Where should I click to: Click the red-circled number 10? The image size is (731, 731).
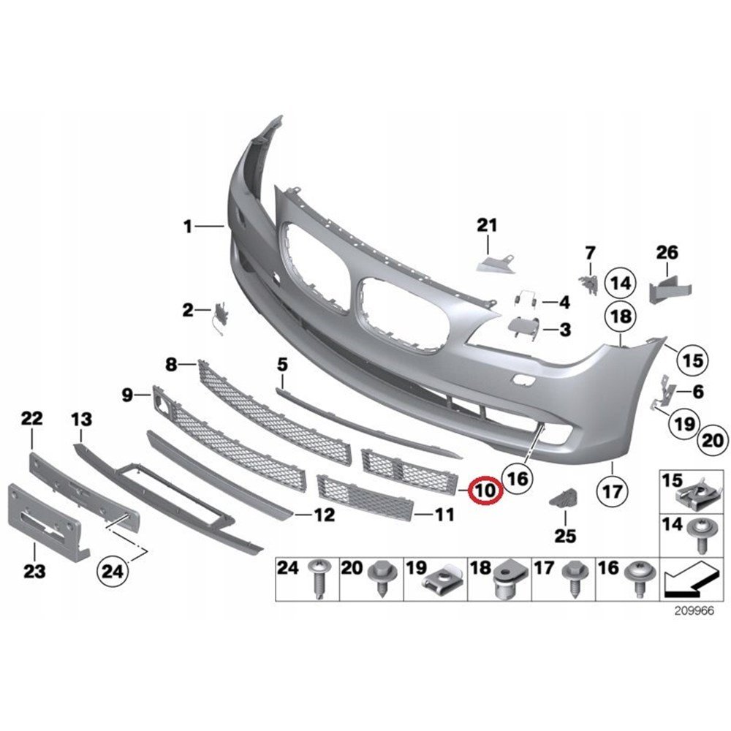(485, 491)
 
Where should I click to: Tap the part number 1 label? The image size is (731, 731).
(187, 227)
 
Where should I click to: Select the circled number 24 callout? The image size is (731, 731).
(112, 571)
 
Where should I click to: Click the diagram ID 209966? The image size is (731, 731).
(694, 610)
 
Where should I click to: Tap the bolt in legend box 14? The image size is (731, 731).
(701, 535)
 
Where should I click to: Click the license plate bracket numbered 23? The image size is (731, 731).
(45, 522)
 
